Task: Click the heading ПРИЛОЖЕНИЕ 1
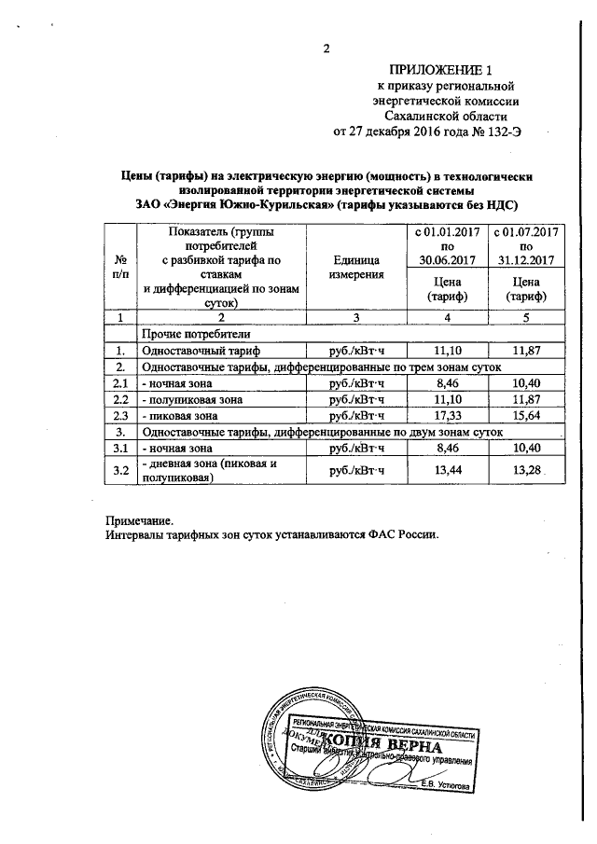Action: (x=438, y=70)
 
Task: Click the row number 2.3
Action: (x=119, y=416)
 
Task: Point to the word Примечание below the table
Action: (x=139, y=520)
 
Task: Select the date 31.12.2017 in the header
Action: (x=525, y=258)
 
